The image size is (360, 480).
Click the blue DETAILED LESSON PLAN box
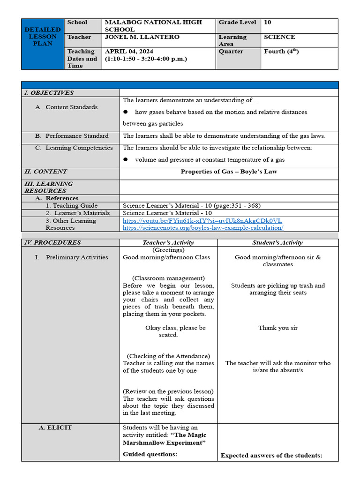(43, 37)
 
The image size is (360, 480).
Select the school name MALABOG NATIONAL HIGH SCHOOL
(153, 26)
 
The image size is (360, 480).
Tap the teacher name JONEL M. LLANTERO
(142, 37)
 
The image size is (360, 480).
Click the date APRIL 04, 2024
(129, 52)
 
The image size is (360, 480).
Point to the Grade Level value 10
(267, 22)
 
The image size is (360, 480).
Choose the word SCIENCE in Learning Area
(279, 37)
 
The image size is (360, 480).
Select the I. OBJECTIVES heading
(49, 93)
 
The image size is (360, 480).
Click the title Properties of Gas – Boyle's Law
(229, 172)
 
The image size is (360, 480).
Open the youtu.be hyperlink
(202, 221)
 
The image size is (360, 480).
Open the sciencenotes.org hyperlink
(203, 228)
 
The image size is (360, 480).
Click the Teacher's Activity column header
(168, 243)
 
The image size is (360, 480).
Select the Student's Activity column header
(277, 243)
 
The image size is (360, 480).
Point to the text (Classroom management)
(168, 278)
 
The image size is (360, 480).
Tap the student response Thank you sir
(278, 328)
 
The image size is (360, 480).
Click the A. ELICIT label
(55, 427)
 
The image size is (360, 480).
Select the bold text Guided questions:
(150, 454)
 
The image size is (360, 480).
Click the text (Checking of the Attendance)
(168, 356)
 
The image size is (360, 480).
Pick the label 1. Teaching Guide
(72, 206)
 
